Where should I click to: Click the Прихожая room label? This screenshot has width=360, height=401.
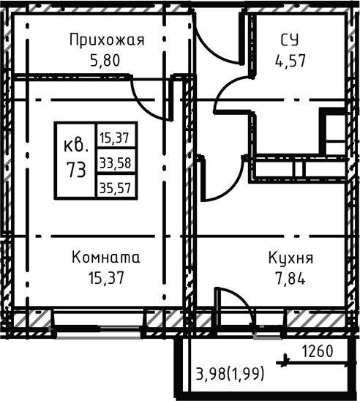(x=107, y=40)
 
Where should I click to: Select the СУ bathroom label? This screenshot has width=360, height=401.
(x=290, y=40)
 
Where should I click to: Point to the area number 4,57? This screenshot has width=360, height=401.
(x=290, y=59)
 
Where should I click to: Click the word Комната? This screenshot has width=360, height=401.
(x=106, y=258)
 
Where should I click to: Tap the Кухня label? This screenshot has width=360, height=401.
(x=290, y=258)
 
